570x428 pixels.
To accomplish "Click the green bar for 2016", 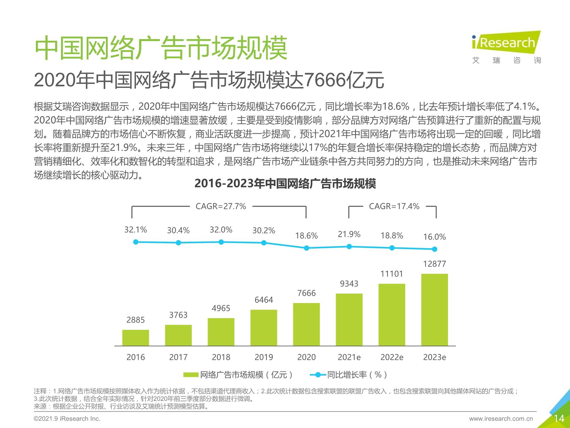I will (136, 338).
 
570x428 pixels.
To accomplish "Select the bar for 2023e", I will (435, 310).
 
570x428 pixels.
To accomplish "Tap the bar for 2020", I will (306, 324).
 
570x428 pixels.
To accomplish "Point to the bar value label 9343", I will (349, 284).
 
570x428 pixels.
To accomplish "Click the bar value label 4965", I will (221, 308).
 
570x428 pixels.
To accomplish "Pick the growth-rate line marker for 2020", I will (306, 248).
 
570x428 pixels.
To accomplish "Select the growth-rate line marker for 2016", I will (136, 242).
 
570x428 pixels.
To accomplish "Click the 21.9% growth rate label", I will (349, 234).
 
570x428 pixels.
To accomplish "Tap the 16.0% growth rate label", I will (435, 237).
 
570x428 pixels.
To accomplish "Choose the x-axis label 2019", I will (264, 357).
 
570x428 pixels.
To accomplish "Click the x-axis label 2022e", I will (392, 357).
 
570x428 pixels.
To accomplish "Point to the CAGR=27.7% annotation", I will (221, 206).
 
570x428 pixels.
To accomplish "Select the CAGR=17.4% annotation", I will (394, 206).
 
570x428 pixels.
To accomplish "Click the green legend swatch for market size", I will (190, 375).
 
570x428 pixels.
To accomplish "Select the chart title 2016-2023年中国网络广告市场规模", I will (285, 183).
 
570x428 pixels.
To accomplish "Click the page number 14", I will (559, 418).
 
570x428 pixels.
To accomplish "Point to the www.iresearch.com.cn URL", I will (501, 419).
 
